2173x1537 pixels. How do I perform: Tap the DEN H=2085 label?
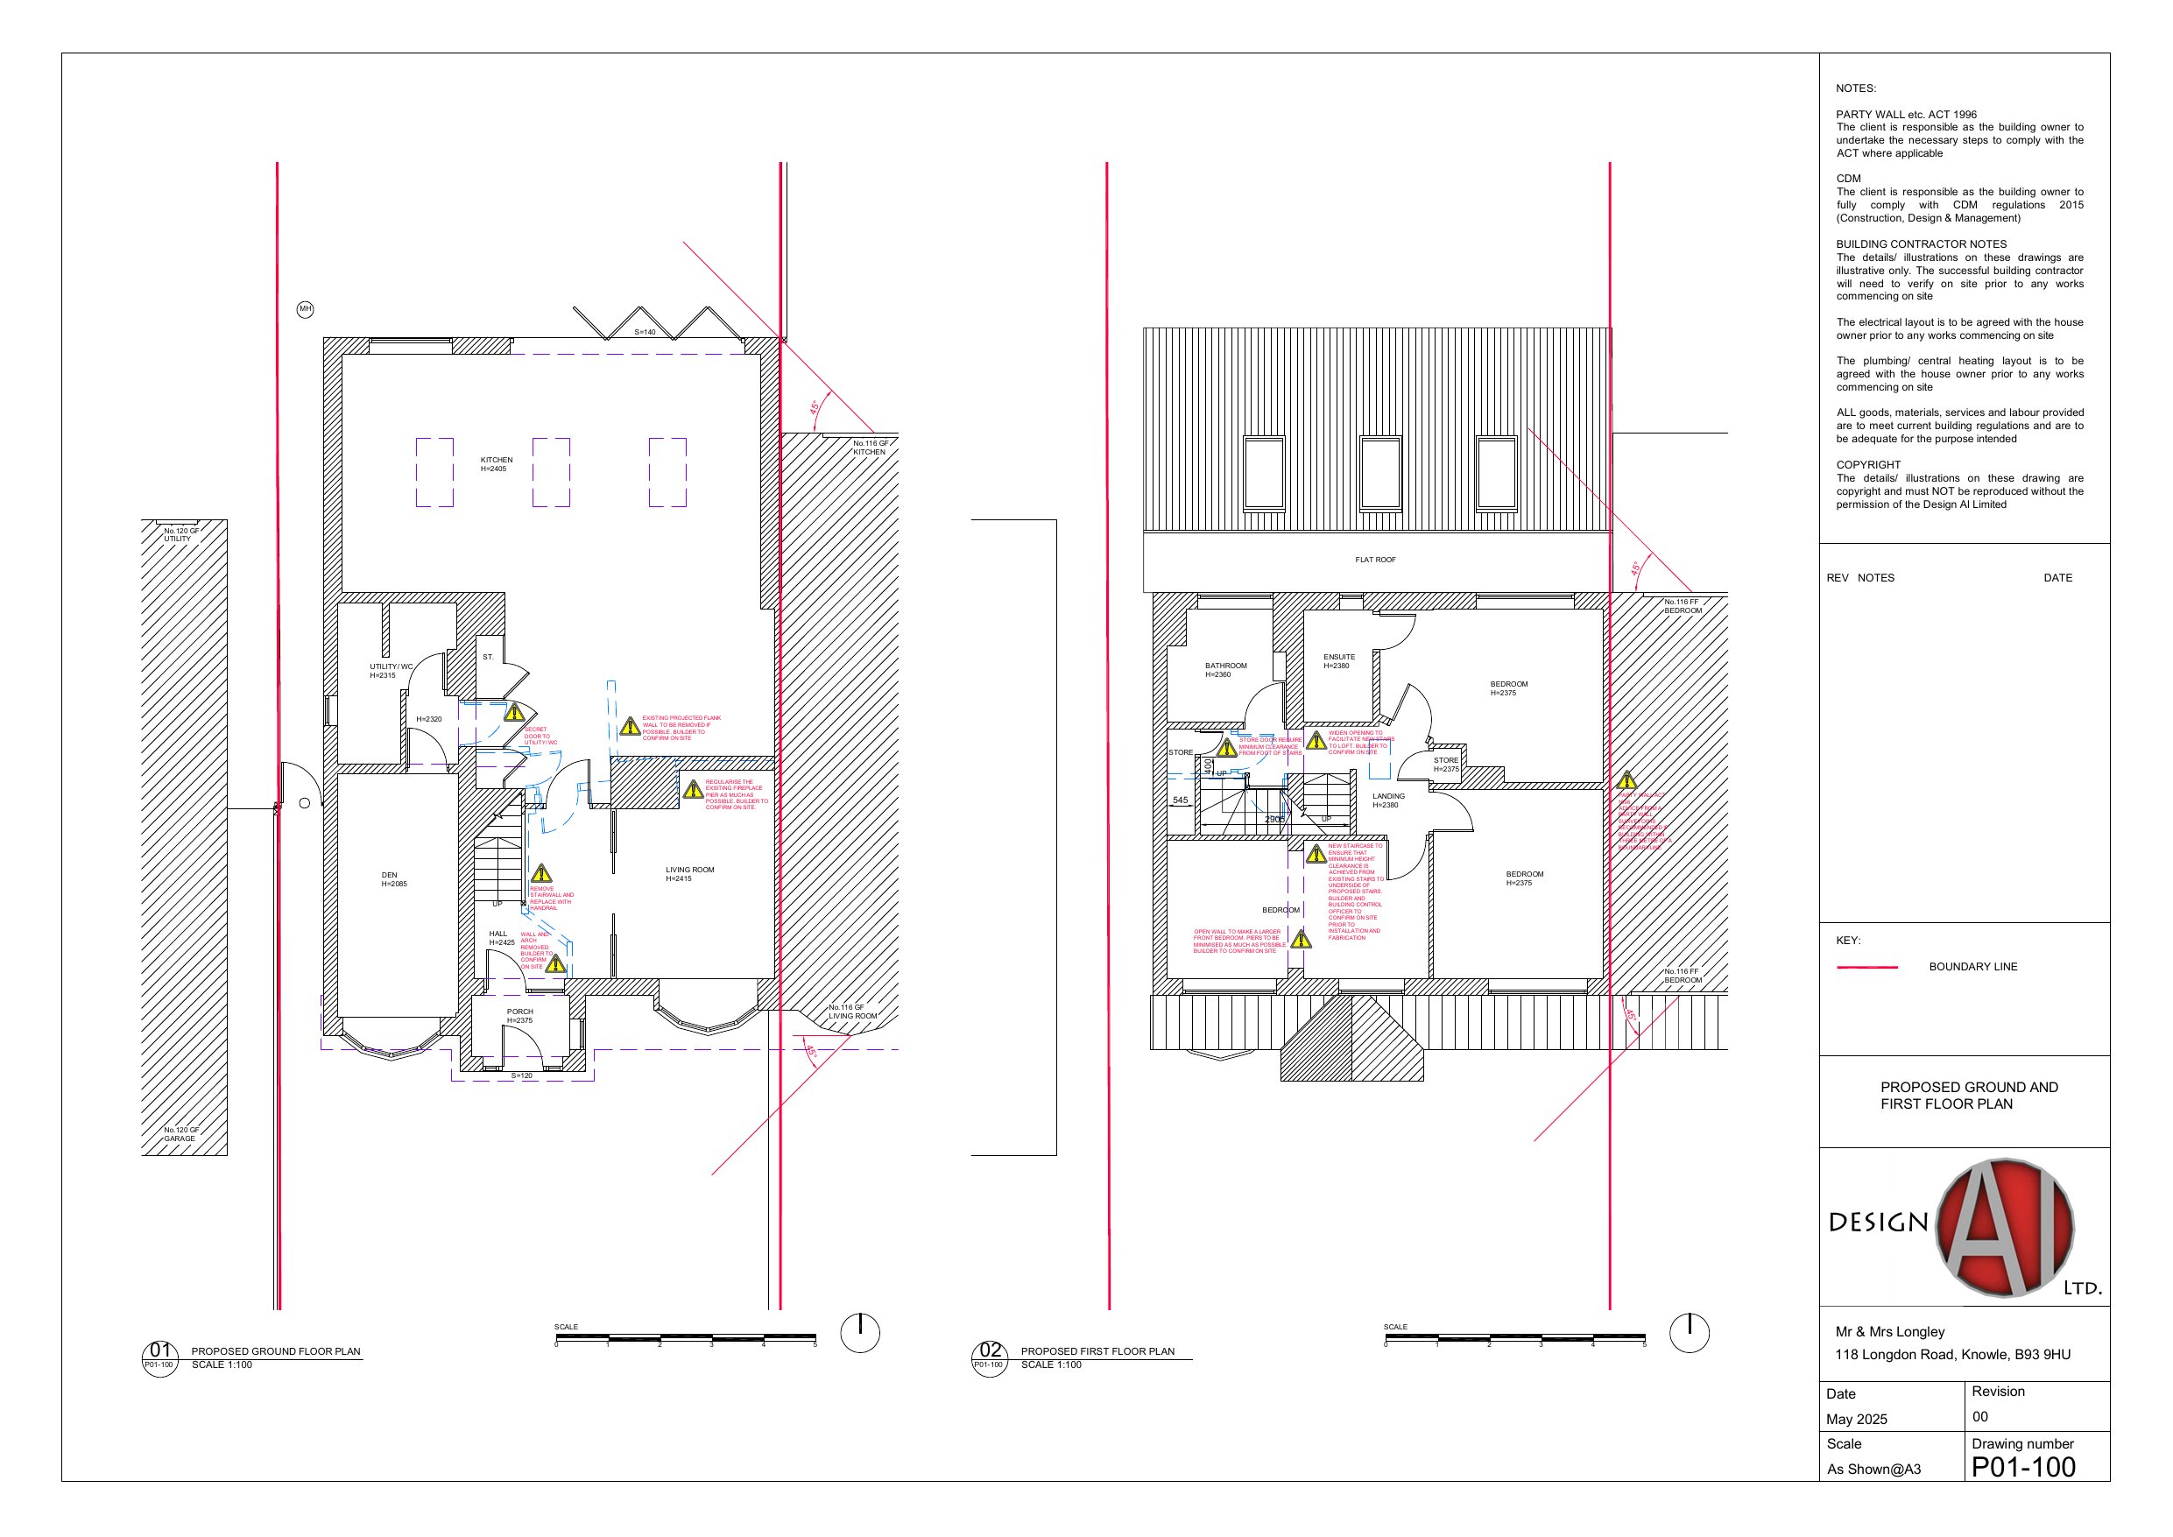coord(392,879)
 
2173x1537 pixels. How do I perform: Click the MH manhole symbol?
coord(305,309)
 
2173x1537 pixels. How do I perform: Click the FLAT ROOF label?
coord(1374,560)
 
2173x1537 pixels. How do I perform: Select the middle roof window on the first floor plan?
coord(1379,473)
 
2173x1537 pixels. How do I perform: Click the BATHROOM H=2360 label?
coord(1224,670)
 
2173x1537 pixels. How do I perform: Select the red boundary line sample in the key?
coord(1866,967)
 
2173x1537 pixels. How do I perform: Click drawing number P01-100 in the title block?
coord(2023,1467)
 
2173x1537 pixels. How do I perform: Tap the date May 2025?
coord(1856,1419)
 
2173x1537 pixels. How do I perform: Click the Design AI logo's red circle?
coord(2004,1228)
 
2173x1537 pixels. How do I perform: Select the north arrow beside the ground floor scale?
coord(859,1333)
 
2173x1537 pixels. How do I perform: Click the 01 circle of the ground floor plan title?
coord(160,1351)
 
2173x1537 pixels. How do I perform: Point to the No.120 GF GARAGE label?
coord(180,1134)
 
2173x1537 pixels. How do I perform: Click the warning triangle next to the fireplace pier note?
coord(693,788)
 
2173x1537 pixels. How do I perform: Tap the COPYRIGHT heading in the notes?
coord(1867,465)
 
